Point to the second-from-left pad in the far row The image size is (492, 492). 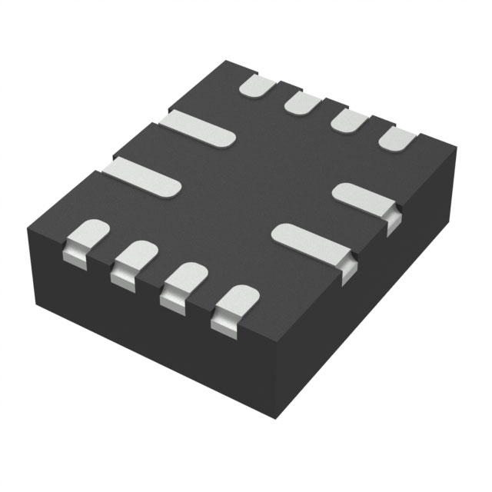click(304, 101)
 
